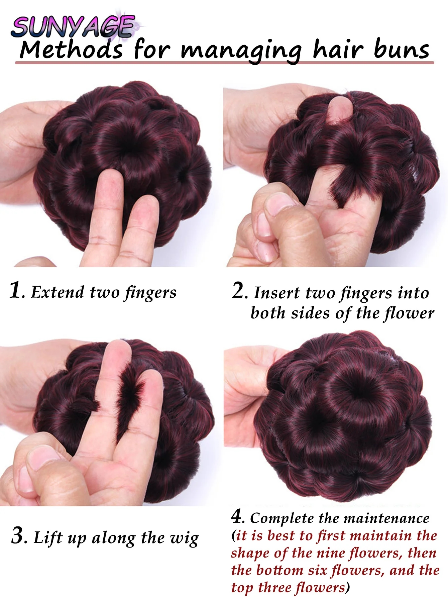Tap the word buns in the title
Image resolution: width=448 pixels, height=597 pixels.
(x=401, y=50)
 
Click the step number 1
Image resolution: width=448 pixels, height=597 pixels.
(x=16, y=290)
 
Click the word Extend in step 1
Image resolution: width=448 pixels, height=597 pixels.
(x=58, y=292)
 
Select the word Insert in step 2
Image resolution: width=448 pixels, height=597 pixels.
(x=276, y=293)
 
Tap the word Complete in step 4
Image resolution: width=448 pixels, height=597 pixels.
(x=282, y=518)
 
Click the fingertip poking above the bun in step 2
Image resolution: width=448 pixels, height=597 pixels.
(x=339, y=109)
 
